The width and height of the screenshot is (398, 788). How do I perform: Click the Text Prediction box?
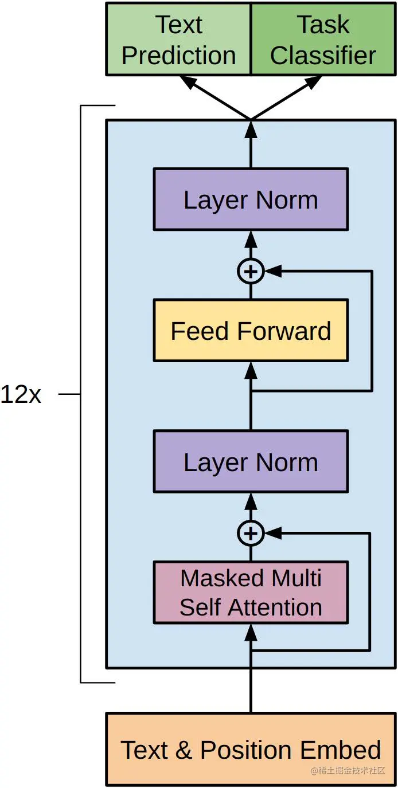coord(178,39)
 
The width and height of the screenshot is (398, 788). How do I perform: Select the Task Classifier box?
coord(323,39)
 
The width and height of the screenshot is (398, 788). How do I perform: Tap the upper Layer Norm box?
coord(251,199)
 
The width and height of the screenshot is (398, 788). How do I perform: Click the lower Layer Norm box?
coord(251,461)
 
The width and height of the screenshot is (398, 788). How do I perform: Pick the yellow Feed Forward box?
coord(251,331)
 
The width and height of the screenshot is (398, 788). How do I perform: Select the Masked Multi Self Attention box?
coord(251,593)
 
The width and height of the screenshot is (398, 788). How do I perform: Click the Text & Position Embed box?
coord(251,750)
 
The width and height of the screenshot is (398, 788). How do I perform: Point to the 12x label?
coord(21,395)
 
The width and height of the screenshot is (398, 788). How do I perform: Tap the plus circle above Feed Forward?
coord(251,272)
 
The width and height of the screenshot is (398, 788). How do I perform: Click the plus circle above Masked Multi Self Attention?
coord(251,534)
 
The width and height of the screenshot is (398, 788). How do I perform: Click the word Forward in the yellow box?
coord(284,331)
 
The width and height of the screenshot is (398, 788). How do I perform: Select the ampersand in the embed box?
coord(183,750)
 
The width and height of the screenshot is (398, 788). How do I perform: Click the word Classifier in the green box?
coord(323,56)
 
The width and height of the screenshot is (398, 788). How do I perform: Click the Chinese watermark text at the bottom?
coord(348,771)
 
